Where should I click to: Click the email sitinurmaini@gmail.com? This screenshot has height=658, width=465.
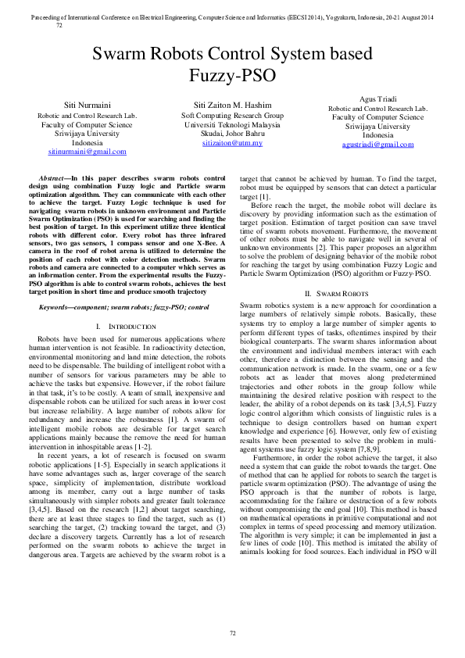click(87, 151)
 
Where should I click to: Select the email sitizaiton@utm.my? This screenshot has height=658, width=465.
click(232, 143)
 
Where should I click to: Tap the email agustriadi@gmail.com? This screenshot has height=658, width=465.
click(377, 145)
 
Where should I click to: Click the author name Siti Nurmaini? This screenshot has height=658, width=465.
click(87, 104)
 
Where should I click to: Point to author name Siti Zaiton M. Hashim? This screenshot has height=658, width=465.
click(232, 105)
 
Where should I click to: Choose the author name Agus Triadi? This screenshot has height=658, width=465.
click(377, 98)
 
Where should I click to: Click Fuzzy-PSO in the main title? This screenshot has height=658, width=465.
click(232, 77)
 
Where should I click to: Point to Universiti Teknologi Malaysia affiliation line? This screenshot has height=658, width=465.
click(232, 124)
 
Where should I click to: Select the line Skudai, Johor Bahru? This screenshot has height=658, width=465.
click(232, 134)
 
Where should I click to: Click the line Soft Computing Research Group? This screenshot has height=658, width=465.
click(232, 115)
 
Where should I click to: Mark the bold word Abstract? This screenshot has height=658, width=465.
click(53, 180)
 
